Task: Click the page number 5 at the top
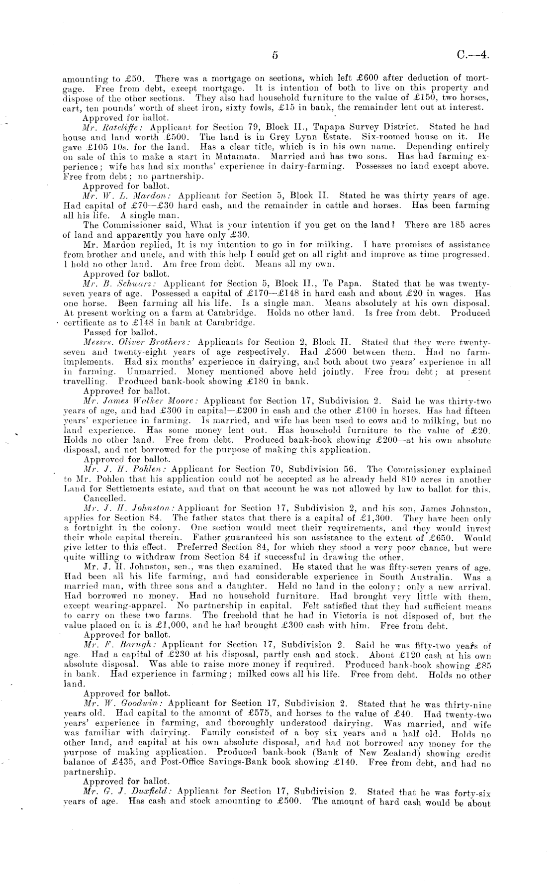275,56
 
